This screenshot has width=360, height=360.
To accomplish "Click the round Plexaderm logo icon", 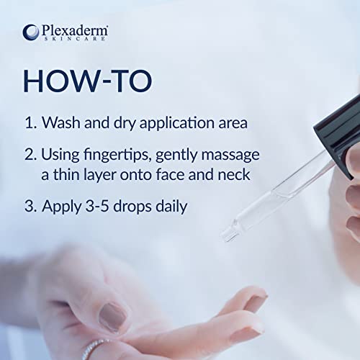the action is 31,32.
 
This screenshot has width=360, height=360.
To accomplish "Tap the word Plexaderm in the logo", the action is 74,30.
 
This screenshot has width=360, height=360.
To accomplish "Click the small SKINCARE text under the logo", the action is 74,38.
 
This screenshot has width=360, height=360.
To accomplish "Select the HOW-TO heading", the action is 88,81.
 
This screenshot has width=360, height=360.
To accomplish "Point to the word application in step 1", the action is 176,123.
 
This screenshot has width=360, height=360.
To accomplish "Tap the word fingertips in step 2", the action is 117,155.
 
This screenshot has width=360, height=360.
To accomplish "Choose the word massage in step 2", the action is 230,156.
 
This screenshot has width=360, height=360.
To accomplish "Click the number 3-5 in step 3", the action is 97,206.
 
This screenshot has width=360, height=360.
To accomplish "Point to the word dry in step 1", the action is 125,123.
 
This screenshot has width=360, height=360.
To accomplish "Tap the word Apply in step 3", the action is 62,207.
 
